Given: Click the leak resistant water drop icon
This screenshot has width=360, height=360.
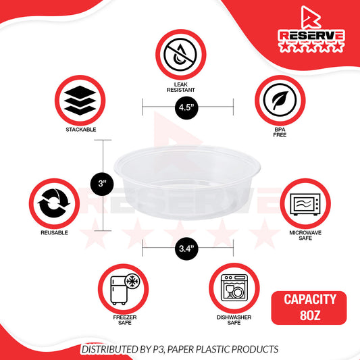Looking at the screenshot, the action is pyautogui.click(x=180, y=55).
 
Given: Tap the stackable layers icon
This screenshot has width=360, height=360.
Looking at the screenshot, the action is pyautogui.click(x=80, y=101).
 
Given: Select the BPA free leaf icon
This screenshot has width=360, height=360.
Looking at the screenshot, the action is pyautogui.click(x=280, y=100).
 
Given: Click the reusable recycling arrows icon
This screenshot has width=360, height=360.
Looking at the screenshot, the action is pyautogui.click(x=54, y=203).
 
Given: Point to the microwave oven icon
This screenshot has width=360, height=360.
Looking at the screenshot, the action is pyautogui.click(x=305, y=204).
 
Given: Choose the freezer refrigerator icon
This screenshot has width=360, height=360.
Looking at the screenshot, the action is pyautogui.click(x=125, y=288).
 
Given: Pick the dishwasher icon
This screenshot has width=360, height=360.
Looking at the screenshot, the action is pyautogui.click(x=234, y=288).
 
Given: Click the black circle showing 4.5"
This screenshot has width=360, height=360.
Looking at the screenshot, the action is pyautogui.click(x=186, y=107).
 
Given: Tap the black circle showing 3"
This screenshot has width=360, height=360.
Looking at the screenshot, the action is pyautogui.click(x=102, y=184).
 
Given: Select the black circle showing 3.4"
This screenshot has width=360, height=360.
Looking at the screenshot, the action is pyautogui.click(x=186, y=249).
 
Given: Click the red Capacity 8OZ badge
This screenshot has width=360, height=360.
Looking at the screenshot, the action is pyautogui.click(x=309, y=307).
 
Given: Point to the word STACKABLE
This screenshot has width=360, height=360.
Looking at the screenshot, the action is pyautogui.click(x=81, y=130).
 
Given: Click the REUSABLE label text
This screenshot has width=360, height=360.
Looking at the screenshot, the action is pyautogui.click(x=54, y=232).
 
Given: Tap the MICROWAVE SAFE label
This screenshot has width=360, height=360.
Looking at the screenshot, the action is pyautogui.click(x=305, y=235).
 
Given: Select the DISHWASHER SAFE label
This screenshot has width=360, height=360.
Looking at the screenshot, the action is pyautogui.click(x=234, y=320).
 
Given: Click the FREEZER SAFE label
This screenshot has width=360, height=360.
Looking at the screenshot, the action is pyautogui.click(x=125, y=320).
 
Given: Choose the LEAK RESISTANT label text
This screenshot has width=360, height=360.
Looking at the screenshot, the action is pyautogui.click(x=181, y=87).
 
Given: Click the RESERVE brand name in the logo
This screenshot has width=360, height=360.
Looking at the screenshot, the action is pyautogui.click(x=311, y=36).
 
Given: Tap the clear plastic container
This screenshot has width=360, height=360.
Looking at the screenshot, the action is pyautogui.click(x=187, y=182).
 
